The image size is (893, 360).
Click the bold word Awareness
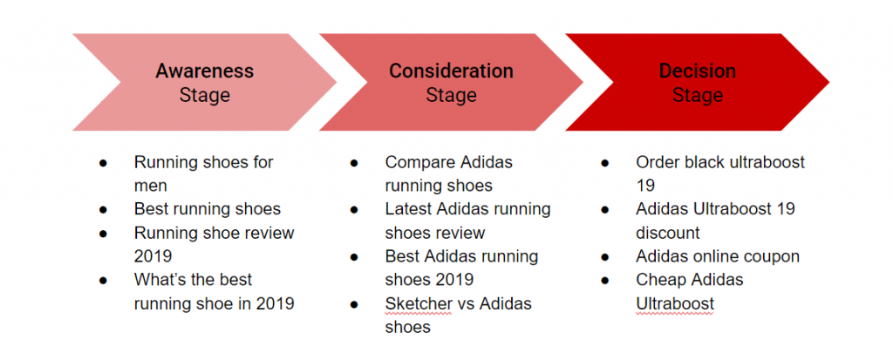click(x=204, y=71)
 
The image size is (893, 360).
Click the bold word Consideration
click(x=451, y=71)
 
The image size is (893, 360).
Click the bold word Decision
click(x=698, y=71)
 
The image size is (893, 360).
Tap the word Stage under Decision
click(x=698, y=95)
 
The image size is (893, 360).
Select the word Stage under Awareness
click(x=204, y=95)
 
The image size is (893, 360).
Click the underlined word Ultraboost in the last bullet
click(x=675, y=304)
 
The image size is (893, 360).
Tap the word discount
click(x=668, y=233)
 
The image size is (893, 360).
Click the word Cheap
click(x=661, y=281)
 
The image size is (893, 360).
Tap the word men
click(x=150, y=187)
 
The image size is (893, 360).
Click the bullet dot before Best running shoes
click(x=103, y=209)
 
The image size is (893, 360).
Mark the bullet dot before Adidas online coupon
click(x=605, y=257)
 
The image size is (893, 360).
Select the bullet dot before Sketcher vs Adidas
click(x=354, y=304)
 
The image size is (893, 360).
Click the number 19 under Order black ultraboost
click(x=645, y=186)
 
